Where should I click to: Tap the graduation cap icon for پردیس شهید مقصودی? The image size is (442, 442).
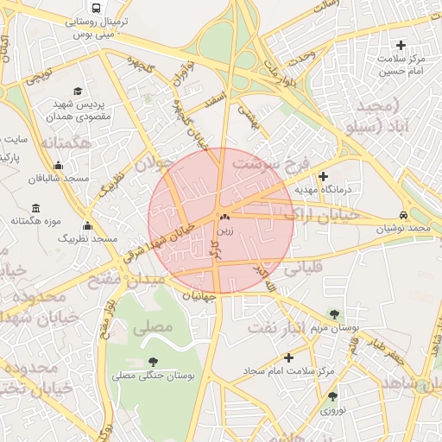[78, 90]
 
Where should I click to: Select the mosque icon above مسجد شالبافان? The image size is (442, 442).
[58, 166]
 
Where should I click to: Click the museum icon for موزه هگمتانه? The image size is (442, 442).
[35, 209]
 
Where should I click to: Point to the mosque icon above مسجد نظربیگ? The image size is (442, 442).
[87, 226]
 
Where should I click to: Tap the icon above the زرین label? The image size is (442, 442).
[224, 218]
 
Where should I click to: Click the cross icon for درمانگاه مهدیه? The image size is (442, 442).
[324, 176]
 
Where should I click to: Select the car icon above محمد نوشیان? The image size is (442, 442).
[403, 215]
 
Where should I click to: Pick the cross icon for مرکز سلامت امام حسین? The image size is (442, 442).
[400, 45]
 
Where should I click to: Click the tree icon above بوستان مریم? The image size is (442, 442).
[334, 314]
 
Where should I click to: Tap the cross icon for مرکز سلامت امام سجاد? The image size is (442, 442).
[288, 357]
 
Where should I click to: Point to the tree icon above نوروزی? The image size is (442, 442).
[332, 396]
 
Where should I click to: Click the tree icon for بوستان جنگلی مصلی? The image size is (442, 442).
[154, 362]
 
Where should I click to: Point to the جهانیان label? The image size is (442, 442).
[198, 297]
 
